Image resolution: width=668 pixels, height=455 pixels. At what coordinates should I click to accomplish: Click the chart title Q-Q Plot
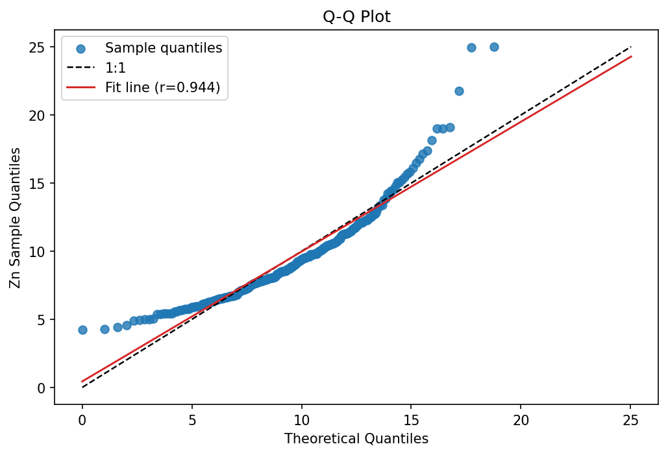(356, 17)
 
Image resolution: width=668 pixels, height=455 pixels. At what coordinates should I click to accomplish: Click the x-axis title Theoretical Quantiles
(356, 439)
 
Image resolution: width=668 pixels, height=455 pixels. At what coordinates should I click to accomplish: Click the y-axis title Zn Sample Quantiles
(16, 218)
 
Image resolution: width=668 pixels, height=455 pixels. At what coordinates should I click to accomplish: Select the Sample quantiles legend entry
(164, 47)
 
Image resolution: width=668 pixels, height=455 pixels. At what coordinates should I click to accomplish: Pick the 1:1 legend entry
(116, 68)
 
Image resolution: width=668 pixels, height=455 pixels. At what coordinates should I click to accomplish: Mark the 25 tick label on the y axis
(40, 47)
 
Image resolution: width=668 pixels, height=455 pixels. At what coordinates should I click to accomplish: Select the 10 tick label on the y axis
(40, 251)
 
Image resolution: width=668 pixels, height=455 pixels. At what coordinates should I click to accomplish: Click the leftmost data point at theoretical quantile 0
(82, 330)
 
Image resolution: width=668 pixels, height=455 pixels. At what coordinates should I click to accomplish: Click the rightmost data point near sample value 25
(494, 47)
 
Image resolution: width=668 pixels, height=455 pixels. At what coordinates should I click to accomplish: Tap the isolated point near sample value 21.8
(459, 91)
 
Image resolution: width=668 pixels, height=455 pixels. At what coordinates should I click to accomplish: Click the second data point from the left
(105, 329)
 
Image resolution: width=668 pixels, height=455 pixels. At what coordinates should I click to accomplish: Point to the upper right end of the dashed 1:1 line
(631, 47)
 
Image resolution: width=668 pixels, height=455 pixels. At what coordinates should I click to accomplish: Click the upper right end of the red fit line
(631, 56)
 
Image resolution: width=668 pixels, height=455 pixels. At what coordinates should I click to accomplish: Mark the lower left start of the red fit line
(82, 382)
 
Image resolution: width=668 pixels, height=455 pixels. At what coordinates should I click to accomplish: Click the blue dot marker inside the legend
(79, 47)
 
